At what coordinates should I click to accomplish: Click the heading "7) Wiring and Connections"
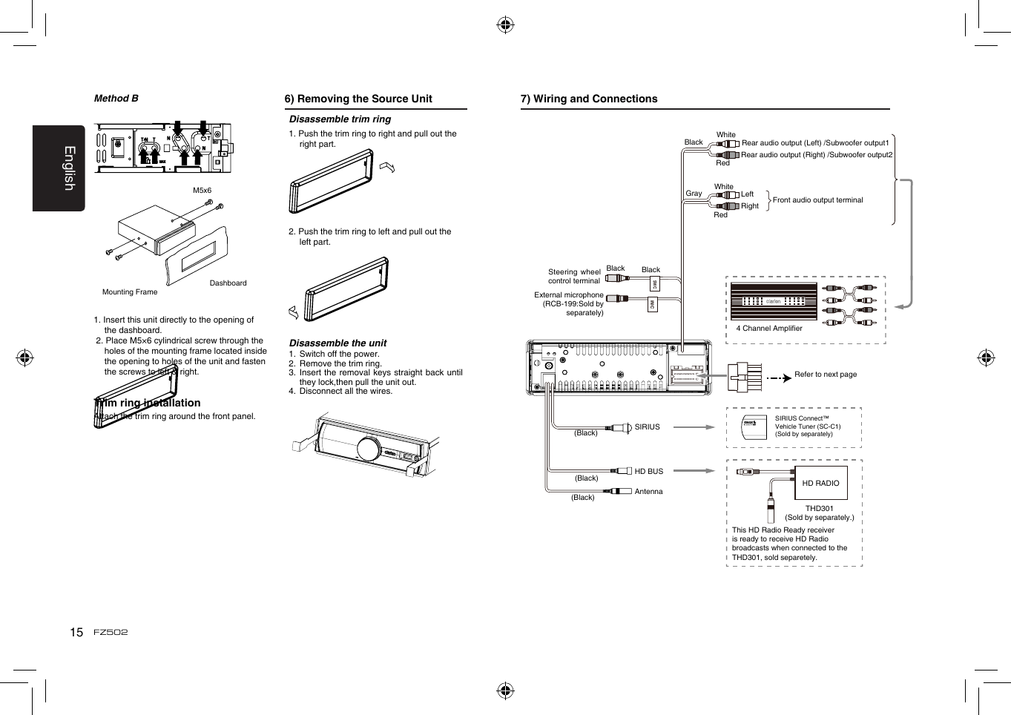[588, 99]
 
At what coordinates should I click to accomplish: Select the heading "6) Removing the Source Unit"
[358, 99]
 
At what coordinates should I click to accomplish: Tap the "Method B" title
[116, 98]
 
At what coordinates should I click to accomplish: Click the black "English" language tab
[59, 168]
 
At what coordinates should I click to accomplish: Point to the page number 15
[76, 633]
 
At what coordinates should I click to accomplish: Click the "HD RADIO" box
[820, 483]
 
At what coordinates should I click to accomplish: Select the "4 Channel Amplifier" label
[768, 328]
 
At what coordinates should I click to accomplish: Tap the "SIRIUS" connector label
[647, 427]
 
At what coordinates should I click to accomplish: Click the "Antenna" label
[648, 492]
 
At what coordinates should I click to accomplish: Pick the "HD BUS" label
[648, 472]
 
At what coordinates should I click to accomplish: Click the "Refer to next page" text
[825, 375]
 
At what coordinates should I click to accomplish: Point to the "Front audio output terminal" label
[817, 200]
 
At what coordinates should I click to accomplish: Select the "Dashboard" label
[228, 283]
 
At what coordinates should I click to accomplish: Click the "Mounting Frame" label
[130, 292]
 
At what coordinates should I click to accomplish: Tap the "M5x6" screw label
[202, 191]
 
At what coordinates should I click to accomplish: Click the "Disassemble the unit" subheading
[337, 343]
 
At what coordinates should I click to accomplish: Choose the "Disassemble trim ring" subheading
[340, 119]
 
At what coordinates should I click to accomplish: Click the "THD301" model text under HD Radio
[819, 509]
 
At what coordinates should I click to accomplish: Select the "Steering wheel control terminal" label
[574, 277]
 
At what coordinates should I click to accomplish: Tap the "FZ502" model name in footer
[111, 633]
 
